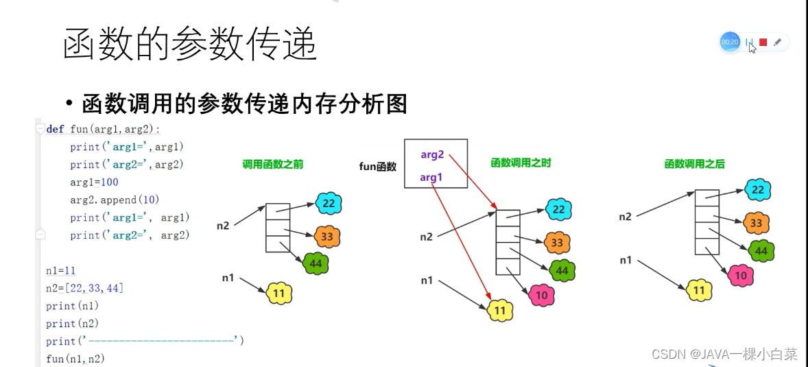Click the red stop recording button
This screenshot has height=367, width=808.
click(763, 43)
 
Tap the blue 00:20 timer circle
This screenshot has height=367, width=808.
click(729, 42)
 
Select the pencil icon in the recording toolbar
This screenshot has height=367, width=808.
click(777, 43)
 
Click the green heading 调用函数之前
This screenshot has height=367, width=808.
click(273, 165)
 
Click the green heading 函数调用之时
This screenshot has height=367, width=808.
click(521, 163)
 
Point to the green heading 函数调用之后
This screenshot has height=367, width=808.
click(694, 164)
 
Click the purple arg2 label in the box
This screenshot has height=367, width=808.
click(432, 155)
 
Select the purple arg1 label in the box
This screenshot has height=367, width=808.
click(430, 178)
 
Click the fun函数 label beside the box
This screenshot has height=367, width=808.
click(378, 166)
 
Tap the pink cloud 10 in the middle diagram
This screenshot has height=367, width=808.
click(541, 295)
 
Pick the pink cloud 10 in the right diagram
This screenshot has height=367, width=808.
click(740, 276)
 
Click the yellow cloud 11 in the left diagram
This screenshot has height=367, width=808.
click(279, 293)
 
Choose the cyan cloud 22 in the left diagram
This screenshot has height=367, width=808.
click(329, 203)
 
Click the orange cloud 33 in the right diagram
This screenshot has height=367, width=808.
click(756, 222)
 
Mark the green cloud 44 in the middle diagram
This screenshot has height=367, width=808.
click(562, 270)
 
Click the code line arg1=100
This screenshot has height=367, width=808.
click(94, 182)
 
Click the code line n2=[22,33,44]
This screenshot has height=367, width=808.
click(84, 288)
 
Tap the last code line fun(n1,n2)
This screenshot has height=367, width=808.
click(75, 359)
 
